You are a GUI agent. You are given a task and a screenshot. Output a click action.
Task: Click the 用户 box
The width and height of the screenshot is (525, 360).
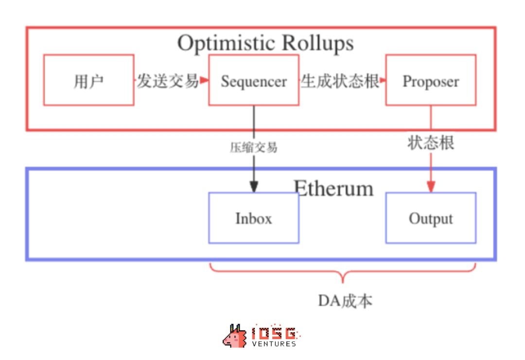click(x=88, y=80)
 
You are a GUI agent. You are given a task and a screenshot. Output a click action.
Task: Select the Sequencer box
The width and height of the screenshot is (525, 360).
click(x=254, y=80)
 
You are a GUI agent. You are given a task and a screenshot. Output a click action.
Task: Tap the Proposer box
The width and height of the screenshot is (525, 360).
click(x=431, y=80)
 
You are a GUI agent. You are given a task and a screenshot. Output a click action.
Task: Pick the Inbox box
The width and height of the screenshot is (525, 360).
click(x=254, y=218)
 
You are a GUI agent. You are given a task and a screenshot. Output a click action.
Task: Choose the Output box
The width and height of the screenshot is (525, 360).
click(x=431, y=218)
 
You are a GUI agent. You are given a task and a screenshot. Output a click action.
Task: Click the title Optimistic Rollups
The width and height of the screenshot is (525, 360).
click(x=265, y=43)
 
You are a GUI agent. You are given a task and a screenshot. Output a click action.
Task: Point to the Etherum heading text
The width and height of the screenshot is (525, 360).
click(x=334, y=188)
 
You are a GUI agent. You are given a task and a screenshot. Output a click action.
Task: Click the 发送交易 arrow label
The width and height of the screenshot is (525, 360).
click(x=167, y=81)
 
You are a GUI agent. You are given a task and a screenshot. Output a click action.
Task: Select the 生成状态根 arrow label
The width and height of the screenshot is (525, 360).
click(x=340, y=81)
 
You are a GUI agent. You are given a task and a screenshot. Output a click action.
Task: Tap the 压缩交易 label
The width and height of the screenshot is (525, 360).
click(x=254, y=147)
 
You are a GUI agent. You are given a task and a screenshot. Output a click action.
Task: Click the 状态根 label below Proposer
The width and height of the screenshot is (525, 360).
click(x=431, y=143)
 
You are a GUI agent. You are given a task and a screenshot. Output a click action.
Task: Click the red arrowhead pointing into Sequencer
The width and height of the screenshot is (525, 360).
click(x=204, y=80)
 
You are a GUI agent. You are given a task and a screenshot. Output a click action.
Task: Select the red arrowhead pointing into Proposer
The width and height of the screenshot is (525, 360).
click(x=383, y=80)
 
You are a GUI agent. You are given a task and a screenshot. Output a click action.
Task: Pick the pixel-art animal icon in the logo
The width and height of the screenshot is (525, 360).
click(x=235, y=336)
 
